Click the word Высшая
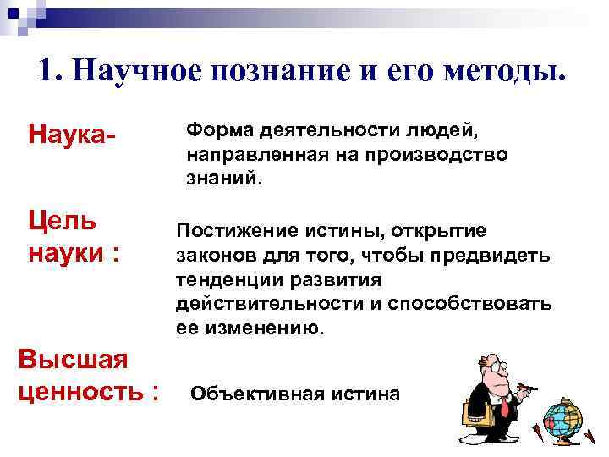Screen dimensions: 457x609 [x=74, y=359]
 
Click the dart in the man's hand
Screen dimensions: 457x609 [x=530, y=388]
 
